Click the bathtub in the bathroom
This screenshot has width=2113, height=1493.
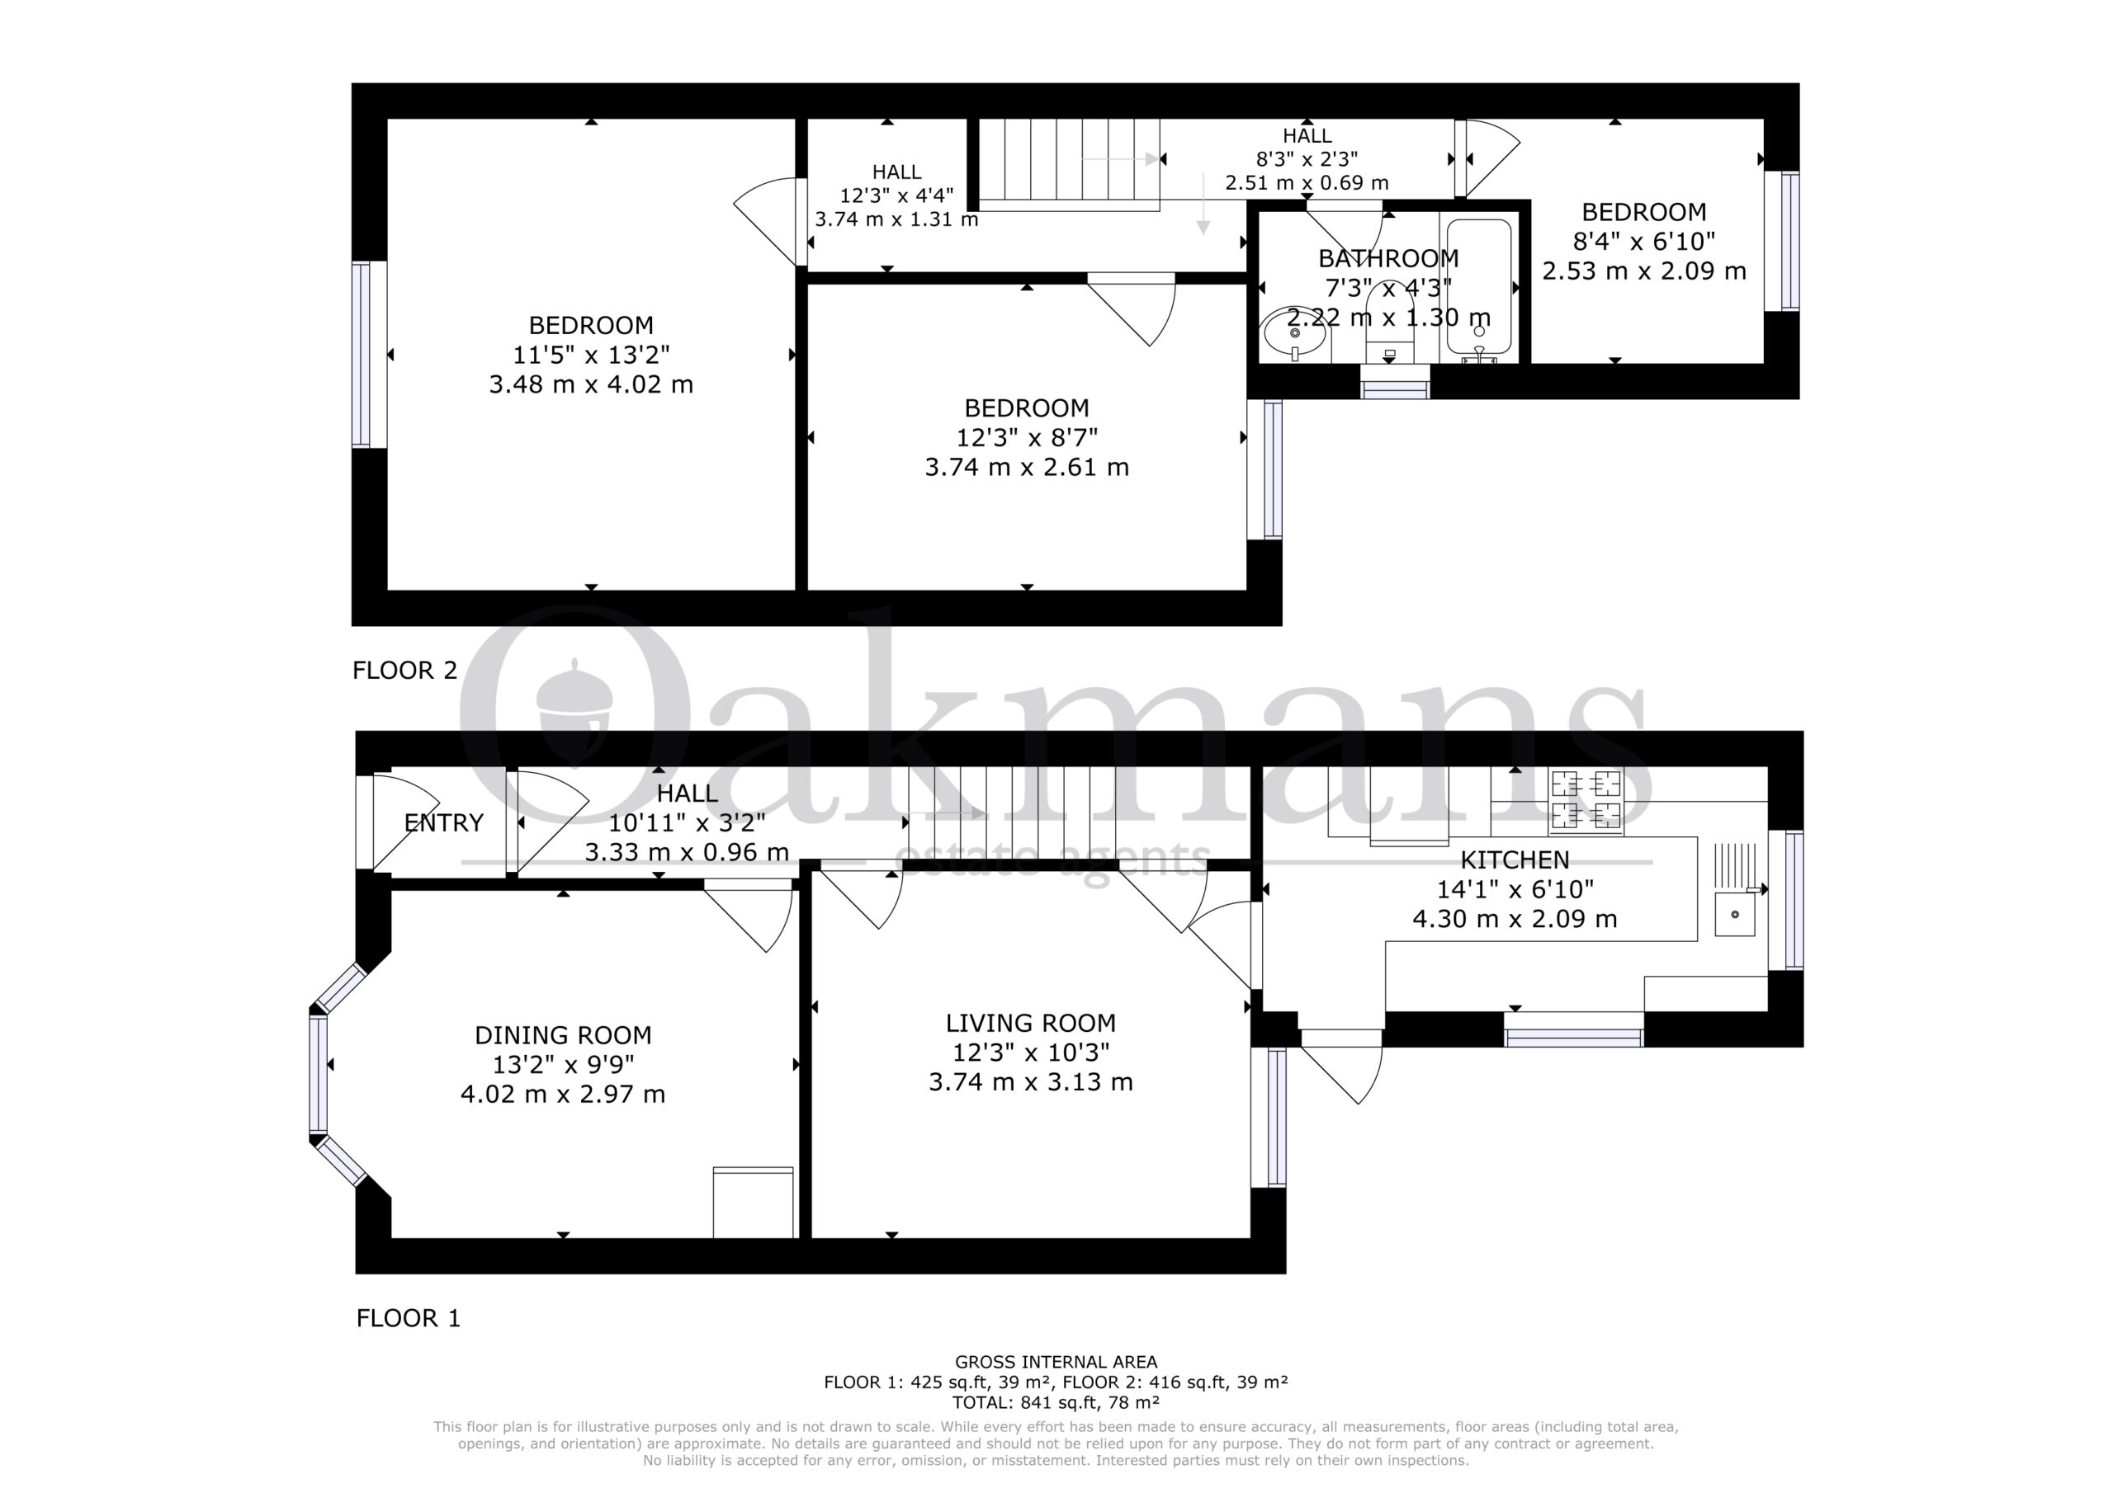pos(1479,287)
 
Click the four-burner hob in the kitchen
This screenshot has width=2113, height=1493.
pos(1586,799)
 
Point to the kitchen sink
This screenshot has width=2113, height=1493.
pos(1735,913)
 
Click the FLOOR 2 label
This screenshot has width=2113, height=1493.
pos(405,670)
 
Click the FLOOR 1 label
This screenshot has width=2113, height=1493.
pos(408,1317)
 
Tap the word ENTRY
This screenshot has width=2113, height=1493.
pos(443,822)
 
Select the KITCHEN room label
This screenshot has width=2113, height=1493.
pos(1515,860)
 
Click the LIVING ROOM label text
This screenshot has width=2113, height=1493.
pos(1031,1023)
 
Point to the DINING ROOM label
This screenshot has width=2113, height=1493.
pos(563,1035)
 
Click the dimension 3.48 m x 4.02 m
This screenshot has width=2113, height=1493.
pos(591,384)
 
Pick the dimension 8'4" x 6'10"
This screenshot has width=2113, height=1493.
pos(1643,241)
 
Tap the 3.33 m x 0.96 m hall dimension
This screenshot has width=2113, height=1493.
pos(687,852)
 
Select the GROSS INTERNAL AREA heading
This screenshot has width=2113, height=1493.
pos(1056,1362)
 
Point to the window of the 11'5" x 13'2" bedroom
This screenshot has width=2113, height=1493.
pos(362,355)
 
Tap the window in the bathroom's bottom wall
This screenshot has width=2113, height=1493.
pos(1395,382)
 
